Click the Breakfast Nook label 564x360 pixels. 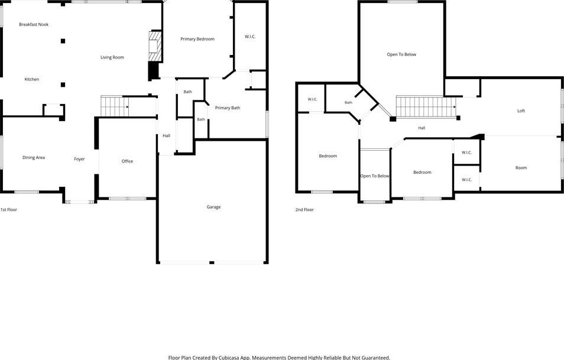point(34,24)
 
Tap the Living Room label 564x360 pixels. point(112,57)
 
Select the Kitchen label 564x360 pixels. point(32,79)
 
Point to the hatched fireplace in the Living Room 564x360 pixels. point(155,46)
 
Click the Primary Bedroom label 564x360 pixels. point(197,39)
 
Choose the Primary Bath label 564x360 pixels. point(228,108)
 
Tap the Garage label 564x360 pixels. point(213,207)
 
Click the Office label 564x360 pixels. point(127,161)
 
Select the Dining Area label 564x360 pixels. point(34,157)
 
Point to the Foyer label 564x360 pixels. point(79,159)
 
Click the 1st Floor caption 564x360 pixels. point(9,209)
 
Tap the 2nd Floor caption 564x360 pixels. point(304,209)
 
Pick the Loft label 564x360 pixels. point(521,111)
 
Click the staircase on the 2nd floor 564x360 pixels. point(426,107)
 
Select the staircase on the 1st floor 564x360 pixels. point(114,106)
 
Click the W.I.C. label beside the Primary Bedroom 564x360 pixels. point(250,36)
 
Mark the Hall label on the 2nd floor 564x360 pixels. point(422,128)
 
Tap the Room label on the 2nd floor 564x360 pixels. point(521,168)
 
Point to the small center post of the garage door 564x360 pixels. point(212,263)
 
